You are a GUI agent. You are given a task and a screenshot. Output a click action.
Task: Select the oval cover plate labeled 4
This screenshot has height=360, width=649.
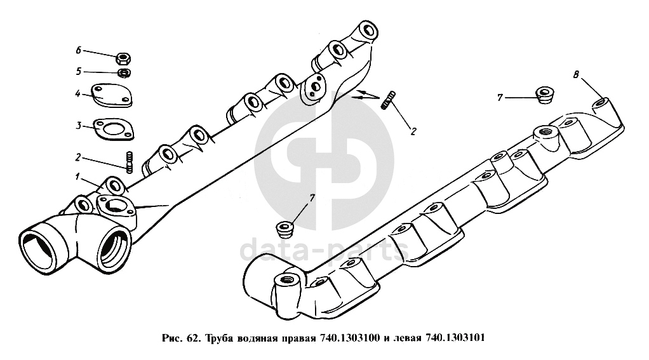(x=111, y=96)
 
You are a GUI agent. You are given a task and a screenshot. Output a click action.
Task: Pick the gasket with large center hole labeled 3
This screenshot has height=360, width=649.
(x=113, y=129)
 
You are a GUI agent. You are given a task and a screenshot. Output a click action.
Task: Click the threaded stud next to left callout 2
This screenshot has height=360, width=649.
(x=130, y=161)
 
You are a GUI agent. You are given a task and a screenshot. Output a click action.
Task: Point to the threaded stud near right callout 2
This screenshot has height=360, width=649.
(x=388, y=100)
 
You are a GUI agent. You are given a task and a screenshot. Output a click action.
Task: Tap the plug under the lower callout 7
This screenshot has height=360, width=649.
(x=284, y=230)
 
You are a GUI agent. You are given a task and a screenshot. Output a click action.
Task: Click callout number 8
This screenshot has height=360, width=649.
(x=576, y=75)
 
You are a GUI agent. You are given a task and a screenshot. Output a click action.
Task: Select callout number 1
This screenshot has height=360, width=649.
(x=77, y=177)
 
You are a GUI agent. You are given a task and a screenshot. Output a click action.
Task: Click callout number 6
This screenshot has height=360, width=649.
(x=78, y=51)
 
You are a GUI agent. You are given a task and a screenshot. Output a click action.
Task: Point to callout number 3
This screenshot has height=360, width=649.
(x=79, y=125)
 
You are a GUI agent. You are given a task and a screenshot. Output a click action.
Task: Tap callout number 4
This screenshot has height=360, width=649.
(x=77, y=93)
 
